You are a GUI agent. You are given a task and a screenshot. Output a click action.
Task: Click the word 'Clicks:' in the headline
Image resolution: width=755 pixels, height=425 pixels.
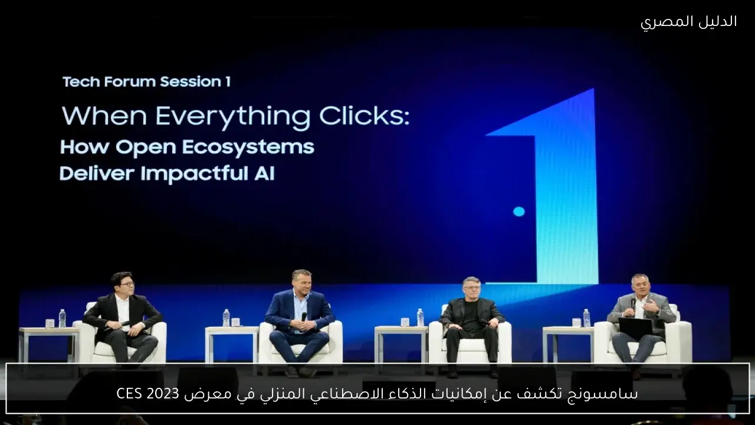pos(365,116)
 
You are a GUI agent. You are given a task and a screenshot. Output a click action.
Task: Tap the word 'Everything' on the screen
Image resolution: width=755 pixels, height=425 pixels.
pos(232,117)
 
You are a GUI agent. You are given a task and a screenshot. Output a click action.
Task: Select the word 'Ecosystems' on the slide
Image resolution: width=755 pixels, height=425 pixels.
pos(249,148)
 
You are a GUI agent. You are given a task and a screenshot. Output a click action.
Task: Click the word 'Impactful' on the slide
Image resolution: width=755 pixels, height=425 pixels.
pos(191,174)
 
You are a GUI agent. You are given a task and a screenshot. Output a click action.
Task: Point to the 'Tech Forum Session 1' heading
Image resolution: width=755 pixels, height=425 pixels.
pos(147,81)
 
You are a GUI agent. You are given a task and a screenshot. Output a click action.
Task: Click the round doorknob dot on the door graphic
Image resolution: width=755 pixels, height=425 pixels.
pos(519,211)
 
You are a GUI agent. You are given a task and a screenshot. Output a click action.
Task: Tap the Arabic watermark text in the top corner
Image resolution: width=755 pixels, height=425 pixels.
pos(688,22)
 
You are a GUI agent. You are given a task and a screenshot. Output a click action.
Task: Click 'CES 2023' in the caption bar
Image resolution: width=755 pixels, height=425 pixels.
pos(147,393)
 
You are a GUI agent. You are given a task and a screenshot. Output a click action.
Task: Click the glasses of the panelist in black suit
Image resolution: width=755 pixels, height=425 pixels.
pos(126,285)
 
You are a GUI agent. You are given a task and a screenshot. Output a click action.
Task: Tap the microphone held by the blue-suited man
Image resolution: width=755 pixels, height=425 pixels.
pos(304,317)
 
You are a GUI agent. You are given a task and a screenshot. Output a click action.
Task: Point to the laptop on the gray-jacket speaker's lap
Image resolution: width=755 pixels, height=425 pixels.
pos(635,328)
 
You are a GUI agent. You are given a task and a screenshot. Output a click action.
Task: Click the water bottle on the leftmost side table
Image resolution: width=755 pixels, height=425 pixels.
pos(62,318)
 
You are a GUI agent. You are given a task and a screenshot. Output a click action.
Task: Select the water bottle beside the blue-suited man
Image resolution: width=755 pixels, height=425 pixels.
pos(226,318)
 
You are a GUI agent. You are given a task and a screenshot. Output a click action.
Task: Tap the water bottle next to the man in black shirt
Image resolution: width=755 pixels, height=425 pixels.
pos(420,318)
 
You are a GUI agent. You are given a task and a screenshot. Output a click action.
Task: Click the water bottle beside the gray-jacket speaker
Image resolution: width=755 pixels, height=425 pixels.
pos(586,318)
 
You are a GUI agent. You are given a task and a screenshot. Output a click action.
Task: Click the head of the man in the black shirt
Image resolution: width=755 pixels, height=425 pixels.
pos(471,287)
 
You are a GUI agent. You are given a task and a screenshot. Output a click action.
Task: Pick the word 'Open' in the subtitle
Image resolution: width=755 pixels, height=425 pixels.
pos(147,148)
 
